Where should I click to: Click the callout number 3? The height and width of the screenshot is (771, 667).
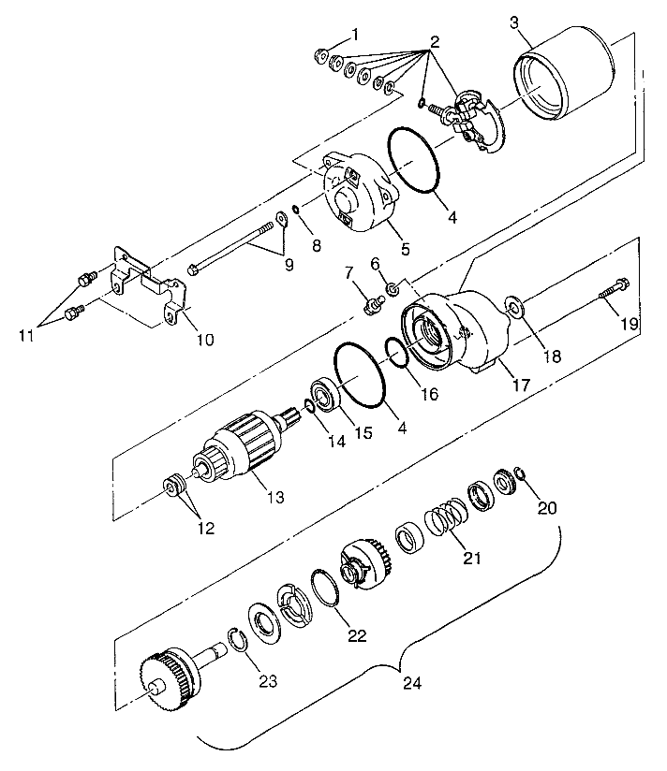coord(514,22)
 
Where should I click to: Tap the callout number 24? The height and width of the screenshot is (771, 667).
coord(412,683)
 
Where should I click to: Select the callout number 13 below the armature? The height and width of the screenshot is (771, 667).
coord(275,497)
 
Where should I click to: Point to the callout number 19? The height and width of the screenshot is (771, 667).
coord(630,324)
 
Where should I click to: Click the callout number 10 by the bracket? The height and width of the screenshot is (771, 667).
coord(205,340)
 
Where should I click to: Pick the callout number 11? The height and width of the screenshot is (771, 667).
coord(26,335)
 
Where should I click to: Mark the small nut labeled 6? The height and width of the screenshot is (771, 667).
coord(393,289)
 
